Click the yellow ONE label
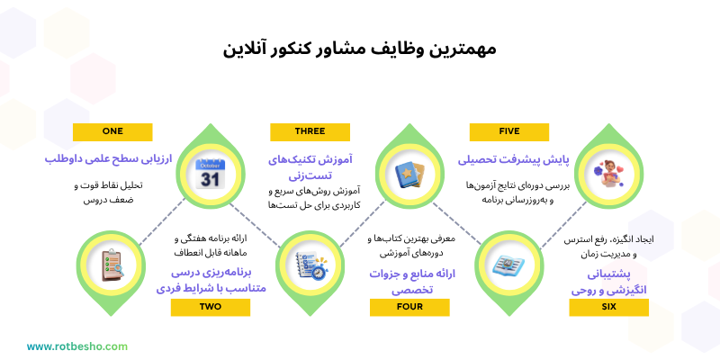click(x=112, y=131)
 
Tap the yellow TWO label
click(x=210, y=307)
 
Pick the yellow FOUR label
click(x=409, y=307)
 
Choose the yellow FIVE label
click(x=508, y=131)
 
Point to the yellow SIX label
click(x=608, y=307)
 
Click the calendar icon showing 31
click(x=209, y=172)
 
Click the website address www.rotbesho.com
click(x=77, y=346)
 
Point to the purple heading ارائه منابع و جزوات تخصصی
click(x=409, y=282)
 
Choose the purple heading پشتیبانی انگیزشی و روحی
click(x=608, y=280)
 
